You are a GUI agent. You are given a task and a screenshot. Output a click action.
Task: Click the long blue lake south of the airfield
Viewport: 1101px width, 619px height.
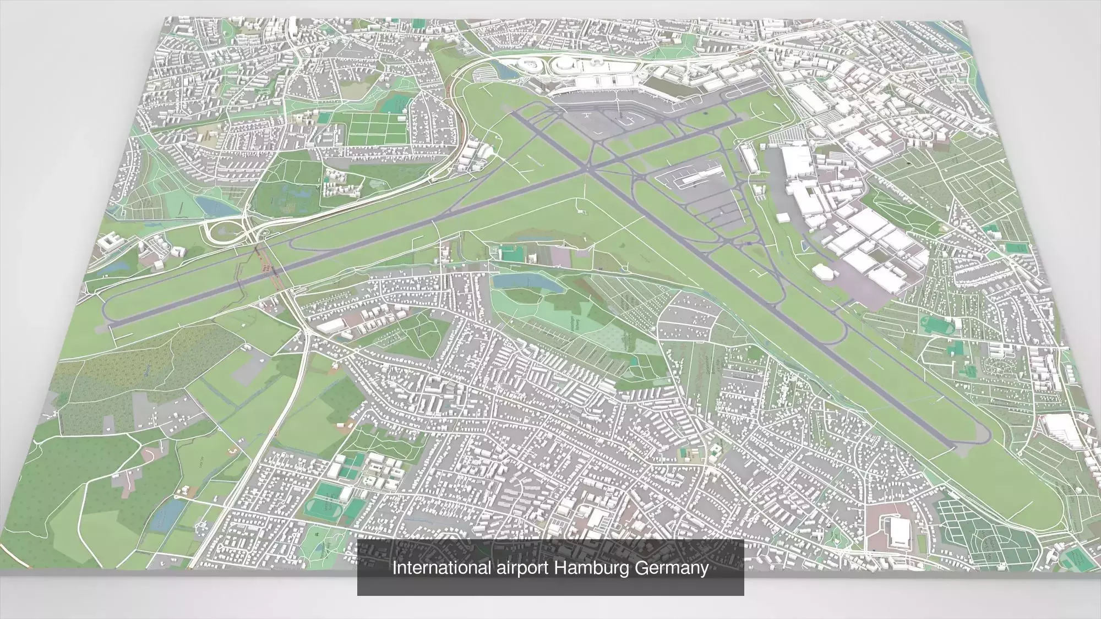pos(520,281)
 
